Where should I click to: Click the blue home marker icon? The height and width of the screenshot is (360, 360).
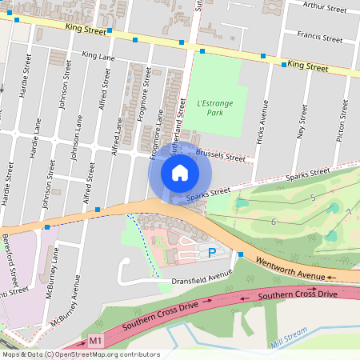(x=180, y=172)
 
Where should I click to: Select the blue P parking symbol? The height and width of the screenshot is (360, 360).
(x=212, y=253)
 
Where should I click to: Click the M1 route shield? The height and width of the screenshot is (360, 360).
(x=96, y=342)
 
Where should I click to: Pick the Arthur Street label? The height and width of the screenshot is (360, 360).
(x=325, y=8)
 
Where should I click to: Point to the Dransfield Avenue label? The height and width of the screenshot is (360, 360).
(x=202, y=277)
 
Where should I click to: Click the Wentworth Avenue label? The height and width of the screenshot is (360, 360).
(x=292, y=268)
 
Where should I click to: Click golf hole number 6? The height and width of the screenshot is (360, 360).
(x=274, y=222)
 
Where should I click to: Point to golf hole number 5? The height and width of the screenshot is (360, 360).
(x=313, y=197)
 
